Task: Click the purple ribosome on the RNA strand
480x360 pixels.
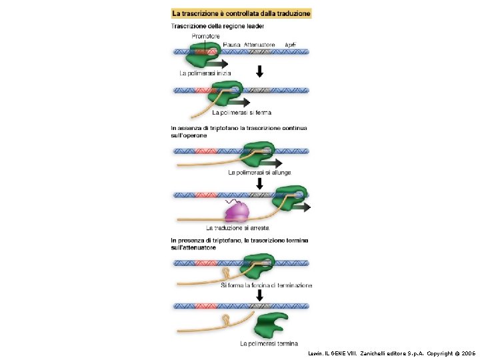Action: tap(237, 212)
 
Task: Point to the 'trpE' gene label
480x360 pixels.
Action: tap(290, 44)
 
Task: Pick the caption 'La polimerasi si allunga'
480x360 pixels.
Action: tap(259, 172)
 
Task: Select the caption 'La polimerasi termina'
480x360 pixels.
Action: tap(269, 344)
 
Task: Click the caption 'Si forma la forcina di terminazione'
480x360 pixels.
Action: tap(266, 285)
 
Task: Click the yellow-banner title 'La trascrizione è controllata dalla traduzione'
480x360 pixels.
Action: tap(241, 13)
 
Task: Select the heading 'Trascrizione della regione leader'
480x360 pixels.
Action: tap(218, 26)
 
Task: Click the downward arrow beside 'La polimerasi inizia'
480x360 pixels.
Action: tap(261, 71)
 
